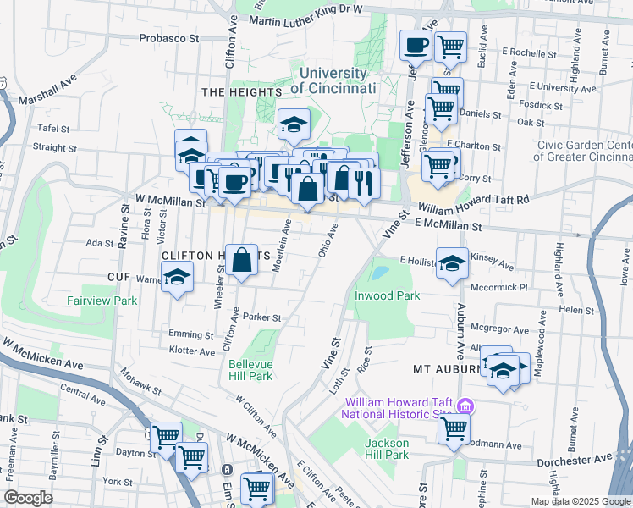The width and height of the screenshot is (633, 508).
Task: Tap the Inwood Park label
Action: pyautogui.click(x=387, y=296)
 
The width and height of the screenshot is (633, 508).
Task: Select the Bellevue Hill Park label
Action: pyautogui.click(x=250, y=370)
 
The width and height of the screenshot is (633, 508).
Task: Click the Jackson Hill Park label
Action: pyautogui.click(x=387, y=449)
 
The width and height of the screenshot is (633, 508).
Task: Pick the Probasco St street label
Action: pyautogui.click(x=169, y=38)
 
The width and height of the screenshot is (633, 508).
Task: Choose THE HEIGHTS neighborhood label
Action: pyautogui.click(x=241, y=91)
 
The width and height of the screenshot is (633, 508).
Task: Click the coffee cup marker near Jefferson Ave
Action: pyautogui.click(x=415, y=46)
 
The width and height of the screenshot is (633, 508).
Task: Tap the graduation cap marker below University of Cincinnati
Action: pyautogui.click(x=294, y=126)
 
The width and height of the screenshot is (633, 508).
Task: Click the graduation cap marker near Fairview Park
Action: pyautogui.click(x=177, y=277)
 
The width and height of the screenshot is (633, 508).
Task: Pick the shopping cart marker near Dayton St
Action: pyautogui.click(x=166, y=437)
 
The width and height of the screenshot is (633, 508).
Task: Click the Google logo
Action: pyautogui.click(x=29, y=497)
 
